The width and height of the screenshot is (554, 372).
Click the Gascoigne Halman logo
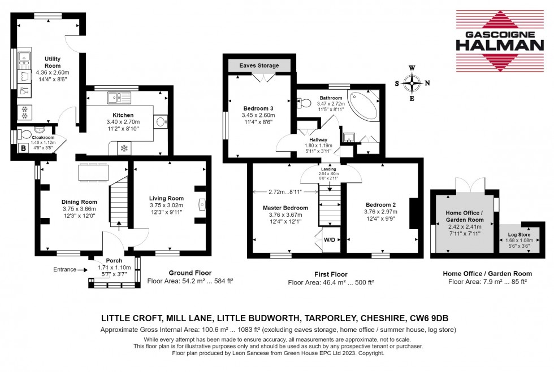click(500, 41)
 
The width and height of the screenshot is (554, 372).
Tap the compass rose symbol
click(412, 84)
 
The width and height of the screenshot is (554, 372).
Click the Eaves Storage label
click(259, 65)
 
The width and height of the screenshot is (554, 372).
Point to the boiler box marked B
click(23, 148)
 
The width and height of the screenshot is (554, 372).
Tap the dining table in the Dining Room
click(93, 173)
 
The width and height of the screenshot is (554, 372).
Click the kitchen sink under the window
click(119, 98)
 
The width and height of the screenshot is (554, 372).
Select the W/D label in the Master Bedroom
click(330, 240)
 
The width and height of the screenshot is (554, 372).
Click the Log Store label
click(519, 235)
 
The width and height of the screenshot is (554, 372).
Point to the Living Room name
click(166, 198)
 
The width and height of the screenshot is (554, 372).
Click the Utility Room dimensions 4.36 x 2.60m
click(53, 72)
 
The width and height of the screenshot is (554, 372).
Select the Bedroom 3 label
click(258, 108)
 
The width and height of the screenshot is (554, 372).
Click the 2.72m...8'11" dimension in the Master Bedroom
click(285, 192)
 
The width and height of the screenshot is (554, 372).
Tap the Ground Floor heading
click(190, 273)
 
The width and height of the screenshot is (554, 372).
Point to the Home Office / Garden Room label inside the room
click(464, 216)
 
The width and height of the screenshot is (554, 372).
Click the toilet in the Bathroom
click(304, 103)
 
